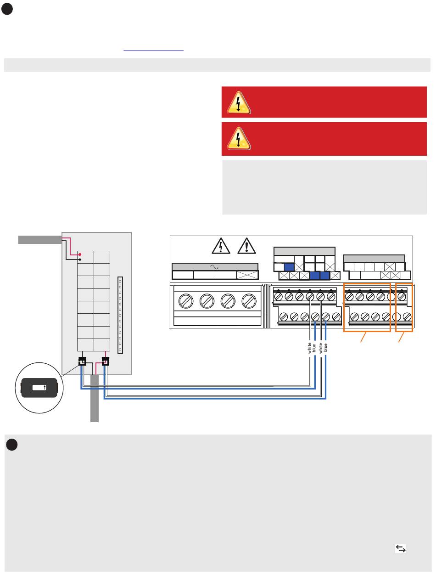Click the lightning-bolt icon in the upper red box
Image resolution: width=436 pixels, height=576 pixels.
239,102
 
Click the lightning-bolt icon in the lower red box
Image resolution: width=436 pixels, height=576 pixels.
239,138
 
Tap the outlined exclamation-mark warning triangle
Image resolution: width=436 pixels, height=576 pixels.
246,246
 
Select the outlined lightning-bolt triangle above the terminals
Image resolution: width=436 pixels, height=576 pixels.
221,246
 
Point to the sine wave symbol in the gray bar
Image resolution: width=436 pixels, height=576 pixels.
214,267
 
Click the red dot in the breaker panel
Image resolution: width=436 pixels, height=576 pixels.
80,254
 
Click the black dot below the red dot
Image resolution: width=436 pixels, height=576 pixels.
80,259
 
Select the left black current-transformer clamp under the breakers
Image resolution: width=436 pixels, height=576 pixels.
82,361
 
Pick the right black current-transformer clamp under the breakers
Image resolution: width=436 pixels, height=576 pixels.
106,361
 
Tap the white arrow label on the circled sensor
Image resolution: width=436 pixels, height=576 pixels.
39,387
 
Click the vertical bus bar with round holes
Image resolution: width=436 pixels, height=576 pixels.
120,315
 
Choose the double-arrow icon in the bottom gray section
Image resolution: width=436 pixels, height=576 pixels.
400,548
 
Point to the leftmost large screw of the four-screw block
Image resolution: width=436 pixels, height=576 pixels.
185,301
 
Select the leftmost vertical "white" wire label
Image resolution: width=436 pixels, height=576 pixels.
309,348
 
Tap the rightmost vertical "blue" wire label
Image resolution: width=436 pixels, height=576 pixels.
325,347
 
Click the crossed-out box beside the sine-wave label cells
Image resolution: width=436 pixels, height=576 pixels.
247,275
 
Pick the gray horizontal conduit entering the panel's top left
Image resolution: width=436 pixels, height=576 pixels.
40,240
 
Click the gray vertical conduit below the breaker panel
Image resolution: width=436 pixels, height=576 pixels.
95,398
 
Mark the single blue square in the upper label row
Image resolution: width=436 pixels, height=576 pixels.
289,267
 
